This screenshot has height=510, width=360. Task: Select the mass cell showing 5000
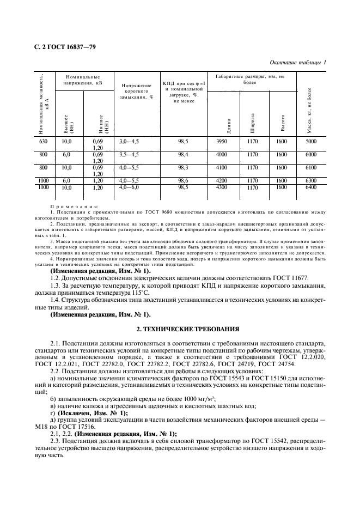coord(311,142)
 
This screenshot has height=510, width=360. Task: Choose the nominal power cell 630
coord(44,142)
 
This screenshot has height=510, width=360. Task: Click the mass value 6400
coord(311,187)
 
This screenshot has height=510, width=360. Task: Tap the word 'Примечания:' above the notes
coord(74,207)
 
